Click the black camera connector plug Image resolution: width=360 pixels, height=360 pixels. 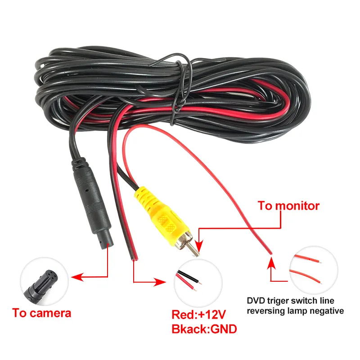[92, 202]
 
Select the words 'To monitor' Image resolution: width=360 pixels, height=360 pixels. [288, 206]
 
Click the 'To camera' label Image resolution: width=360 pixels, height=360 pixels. [41, 313]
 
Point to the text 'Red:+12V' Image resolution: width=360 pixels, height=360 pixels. [199, 314]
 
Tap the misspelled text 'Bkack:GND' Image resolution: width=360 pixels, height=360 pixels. [204, 329]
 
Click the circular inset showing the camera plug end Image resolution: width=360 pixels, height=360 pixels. [44, 281]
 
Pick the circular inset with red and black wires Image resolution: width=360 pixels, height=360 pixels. [198, 283]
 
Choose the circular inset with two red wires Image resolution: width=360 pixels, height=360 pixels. [314, 270]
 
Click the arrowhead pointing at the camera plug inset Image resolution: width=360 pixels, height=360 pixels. [76, 277]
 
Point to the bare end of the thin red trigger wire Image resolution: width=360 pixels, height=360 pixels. [271, 253]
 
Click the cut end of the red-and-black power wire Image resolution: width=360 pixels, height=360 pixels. [135, 259]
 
